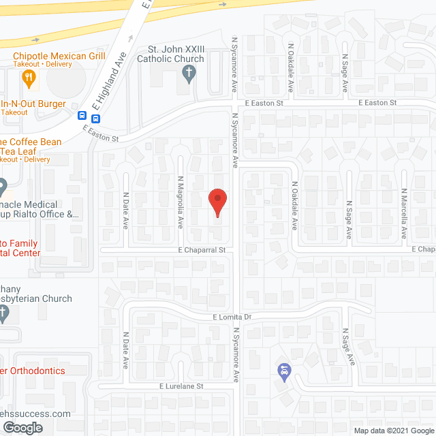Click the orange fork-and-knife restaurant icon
29,78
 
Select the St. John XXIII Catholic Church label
176,54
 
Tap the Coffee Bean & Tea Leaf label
31,146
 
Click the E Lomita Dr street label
232,317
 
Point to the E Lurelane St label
181,386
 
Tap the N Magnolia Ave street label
181,203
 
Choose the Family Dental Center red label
20,248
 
